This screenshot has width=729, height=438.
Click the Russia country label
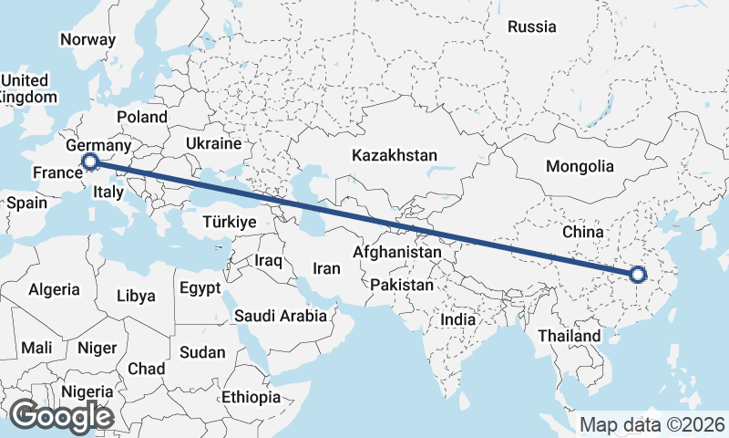tap(532, 26)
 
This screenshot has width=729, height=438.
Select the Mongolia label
tap(580, 166)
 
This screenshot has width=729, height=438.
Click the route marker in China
tap(638, 274)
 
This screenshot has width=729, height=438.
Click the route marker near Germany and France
tap(90, 162)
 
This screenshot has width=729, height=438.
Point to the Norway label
tap(87, 39)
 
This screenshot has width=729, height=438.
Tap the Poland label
tap(142, 117)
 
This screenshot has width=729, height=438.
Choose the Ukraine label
tap(213, 143)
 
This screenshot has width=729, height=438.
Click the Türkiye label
tap(230, 222)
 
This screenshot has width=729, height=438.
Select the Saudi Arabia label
tap(281, 317)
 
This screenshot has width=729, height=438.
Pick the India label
tap(457, 319)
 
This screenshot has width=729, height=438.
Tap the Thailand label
tap(570, 336)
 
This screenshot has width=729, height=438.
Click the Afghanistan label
tap(397, 252)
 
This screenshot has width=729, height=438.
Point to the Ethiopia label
tap(251, 397)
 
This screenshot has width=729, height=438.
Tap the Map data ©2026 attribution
tap(652, 425)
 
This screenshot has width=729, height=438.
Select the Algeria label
tap(55, 290)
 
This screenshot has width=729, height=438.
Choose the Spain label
tap(26, 203)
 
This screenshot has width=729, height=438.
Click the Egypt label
tap(200, 288)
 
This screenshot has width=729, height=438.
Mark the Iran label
tap(326, 268)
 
